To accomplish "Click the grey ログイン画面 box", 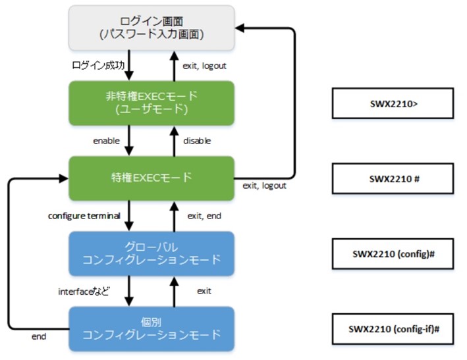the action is (151, 28).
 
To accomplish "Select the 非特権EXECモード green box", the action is (151, 103).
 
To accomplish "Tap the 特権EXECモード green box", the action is (151, 178).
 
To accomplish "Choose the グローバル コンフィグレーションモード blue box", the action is (151, 253).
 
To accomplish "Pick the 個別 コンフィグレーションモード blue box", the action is (151, 329).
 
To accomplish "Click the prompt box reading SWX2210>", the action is (393, 103).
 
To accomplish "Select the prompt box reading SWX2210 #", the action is (393, 178).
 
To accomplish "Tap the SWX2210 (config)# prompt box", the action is (393, 254).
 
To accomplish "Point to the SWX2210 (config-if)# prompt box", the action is (393, 329).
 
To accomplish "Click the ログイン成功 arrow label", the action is (98, 65).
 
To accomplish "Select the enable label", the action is (106, 141).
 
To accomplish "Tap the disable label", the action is (197, 141).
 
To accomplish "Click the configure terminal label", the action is (84, 216).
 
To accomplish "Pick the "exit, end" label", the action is (204, 216).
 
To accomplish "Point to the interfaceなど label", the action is (84, 292).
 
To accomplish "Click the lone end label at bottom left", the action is (39, 336).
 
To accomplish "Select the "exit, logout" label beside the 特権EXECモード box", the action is (265, 186).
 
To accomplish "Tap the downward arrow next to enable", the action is (128, 140).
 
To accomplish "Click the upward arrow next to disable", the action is (175, 141).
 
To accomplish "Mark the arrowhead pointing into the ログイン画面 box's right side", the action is (240, 28).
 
